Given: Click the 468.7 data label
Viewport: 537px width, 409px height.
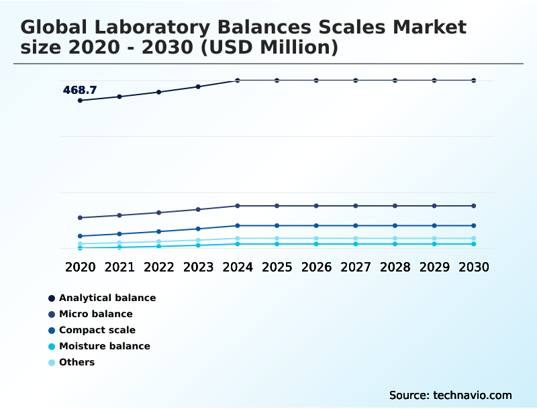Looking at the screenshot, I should pos(80,90).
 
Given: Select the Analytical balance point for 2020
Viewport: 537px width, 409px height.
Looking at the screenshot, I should pos(80,101).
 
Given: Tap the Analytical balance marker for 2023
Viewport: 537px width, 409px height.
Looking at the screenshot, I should pos(198,86).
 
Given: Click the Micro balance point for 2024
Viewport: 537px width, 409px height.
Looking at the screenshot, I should pos(238,206).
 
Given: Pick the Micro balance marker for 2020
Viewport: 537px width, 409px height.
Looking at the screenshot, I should pos(80,218).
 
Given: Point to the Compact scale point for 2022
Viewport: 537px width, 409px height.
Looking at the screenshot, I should pos(159,231).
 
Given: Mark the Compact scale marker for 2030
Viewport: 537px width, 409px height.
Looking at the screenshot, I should pos(474,225).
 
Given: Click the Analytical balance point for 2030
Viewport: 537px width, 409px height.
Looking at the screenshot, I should pos(474,80).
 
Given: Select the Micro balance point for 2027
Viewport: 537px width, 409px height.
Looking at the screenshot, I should pos(356,206).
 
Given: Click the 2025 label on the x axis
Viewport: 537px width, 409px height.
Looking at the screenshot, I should pos(277,267).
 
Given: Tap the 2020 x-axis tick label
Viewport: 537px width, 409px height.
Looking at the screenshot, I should pos(80,267).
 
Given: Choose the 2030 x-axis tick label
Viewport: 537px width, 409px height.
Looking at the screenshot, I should pos(474,267).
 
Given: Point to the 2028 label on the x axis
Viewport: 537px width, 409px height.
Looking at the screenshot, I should pos(395,267).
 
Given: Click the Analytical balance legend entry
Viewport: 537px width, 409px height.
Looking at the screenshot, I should pos(107,298).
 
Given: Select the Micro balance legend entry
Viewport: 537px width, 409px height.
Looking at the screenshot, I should pos(95,314).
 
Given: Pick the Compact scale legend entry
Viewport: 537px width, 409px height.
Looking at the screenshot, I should pos(97,330).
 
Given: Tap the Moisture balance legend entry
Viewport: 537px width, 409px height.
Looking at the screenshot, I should pos(104,346).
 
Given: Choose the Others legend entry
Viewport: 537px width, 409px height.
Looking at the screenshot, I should pos(77,362).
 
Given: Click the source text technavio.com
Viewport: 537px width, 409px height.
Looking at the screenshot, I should pos(450,395).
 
